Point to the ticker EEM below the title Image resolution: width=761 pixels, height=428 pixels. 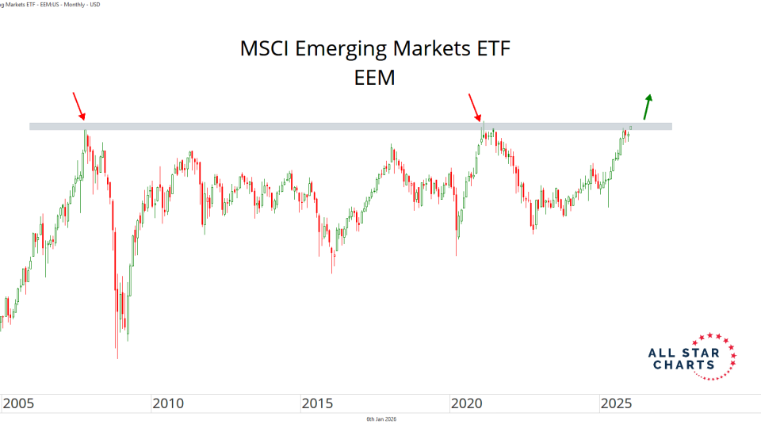[x=376, y=78]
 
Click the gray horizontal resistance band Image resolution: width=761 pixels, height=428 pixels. [x=349, y=126]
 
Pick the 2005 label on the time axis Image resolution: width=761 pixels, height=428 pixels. [x=19, y=404]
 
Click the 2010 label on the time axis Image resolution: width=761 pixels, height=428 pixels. [x=168, y=404]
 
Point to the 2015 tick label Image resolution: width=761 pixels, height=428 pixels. [x=318, y=404]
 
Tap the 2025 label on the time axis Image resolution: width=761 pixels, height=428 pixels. [x=617, y=404]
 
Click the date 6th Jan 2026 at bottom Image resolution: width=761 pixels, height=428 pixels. [x=380, y=418]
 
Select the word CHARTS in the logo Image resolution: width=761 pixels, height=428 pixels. [x=683, y=365]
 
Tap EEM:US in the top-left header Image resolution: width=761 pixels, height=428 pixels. [x=47, y=4]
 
